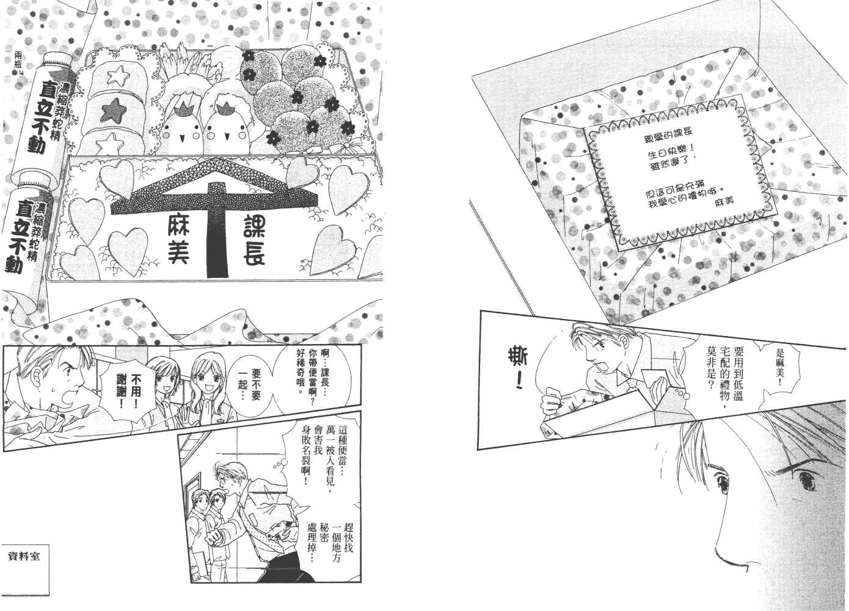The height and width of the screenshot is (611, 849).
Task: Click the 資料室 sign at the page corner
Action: [x=23, y=557]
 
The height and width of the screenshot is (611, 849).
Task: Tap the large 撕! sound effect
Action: [x=514, y=370]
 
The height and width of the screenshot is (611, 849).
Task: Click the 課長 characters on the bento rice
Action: [x=254, y=240]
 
